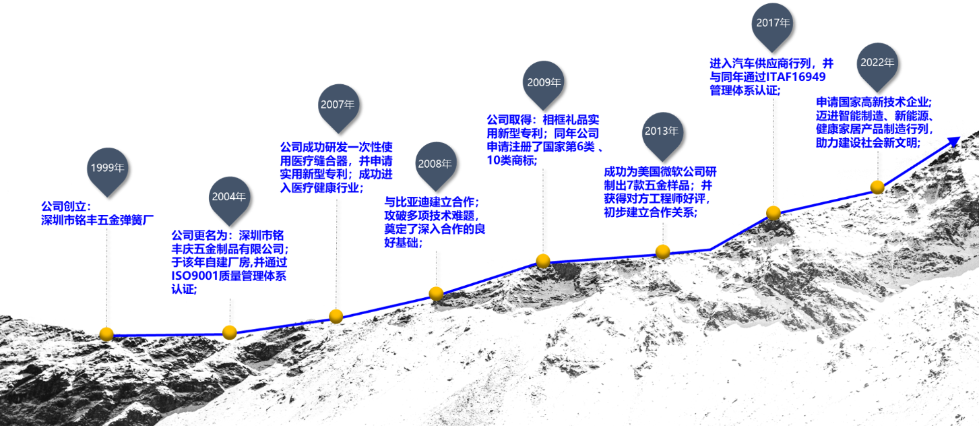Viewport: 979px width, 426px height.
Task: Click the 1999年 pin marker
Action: [108, 171]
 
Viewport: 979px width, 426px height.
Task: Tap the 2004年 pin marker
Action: [229, 200]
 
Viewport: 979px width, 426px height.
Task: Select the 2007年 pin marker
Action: [338, 107]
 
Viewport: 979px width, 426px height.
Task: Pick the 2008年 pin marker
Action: [435, 166]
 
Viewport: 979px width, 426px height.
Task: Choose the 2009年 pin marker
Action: [544, 85]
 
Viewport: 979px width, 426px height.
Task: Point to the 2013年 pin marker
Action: [662, 134]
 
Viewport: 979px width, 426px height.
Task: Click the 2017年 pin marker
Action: [773, 26]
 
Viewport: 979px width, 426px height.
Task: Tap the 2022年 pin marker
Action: [878, 66]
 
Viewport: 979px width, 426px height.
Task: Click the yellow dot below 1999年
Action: [106, 334]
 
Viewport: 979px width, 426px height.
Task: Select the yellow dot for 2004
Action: [230, 332]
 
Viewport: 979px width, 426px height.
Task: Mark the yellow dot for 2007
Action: [336, 316]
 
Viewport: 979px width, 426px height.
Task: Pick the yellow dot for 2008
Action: [436, 293]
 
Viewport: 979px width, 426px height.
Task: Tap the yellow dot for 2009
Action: [543, 261]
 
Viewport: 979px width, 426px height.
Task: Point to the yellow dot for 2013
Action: [663, 251]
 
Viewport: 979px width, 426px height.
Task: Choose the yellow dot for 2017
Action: [773, 213]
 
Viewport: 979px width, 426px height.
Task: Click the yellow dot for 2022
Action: [878, 187]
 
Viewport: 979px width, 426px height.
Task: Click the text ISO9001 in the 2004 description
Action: [195, 276]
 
